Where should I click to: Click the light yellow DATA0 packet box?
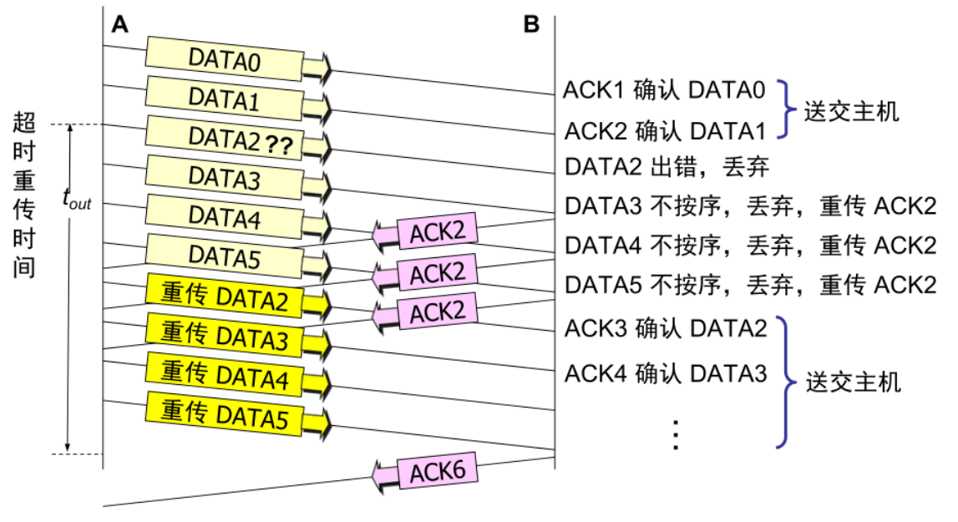click(x=225, y=59)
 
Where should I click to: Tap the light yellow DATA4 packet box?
click(x=225, y=216)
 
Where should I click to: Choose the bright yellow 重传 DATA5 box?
click(x=225, y=413)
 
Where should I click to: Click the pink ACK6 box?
click(x=437, y=473)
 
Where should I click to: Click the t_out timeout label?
click(x=77, y=199)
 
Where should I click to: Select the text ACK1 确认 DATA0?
click(x=664, y=90)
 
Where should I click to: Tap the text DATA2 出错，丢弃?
click(x=667, y=166)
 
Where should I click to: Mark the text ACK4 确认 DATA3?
click(x=666, y=372)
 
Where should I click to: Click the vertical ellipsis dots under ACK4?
click(x=676, y=434)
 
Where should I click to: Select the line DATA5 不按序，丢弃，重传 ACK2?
click(x=750, y=284)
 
